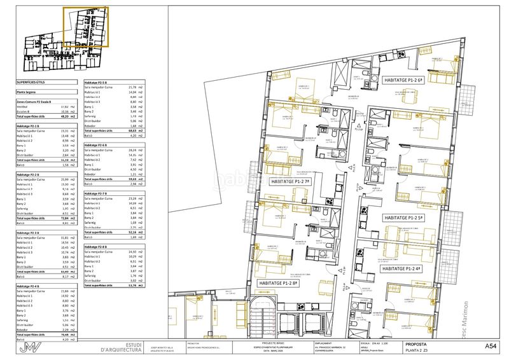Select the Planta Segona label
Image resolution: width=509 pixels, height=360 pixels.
point(29,92)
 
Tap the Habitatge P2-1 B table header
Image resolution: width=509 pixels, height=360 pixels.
point(32,127)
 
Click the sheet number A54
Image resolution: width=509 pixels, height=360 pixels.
point(491,346)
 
